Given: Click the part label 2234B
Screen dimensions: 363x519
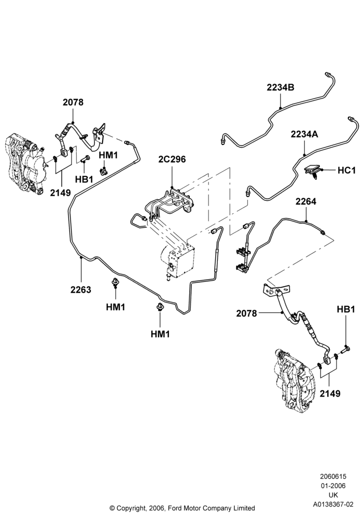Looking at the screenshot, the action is coord(281,88).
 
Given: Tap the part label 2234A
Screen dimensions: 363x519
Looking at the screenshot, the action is coord(304,134).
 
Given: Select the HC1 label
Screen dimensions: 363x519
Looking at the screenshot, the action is coord(346,170).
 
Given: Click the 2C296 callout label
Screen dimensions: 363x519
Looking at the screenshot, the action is coord(172,159).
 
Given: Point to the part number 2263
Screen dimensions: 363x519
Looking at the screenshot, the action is coord(81,290).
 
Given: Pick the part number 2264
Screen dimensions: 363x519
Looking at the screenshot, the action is coord(306,201).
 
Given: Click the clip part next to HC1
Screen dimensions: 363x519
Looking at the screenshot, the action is coord(313,171).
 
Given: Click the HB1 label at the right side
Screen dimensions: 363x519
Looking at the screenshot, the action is coord(346,309).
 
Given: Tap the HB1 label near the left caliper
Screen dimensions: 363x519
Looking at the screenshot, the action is coord(84,180).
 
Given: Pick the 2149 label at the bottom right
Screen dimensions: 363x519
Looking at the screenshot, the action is coord(330,393).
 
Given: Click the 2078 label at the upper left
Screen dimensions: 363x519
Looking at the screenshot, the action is coord(73,102).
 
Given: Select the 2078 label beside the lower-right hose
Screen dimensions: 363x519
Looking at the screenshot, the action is coord(246,313).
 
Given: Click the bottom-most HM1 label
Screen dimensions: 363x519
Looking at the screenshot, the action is coord(160,334).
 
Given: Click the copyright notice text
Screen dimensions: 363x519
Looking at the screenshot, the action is coord(182,508).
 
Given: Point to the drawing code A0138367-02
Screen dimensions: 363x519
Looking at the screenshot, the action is coord(333,504).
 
